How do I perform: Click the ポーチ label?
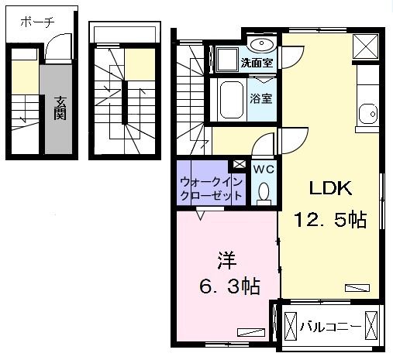36,22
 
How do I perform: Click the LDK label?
331,188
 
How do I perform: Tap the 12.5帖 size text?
329,220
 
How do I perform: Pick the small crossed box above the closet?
239,164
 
